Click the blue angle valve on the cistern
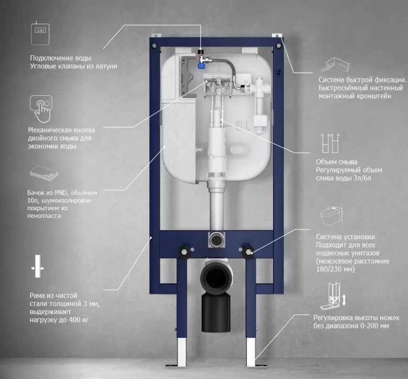[202, 65]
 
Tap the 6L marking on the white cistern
[242, 126]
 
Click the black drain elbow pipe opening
[215, 278]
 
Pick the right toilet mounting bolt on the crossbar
[248, 252]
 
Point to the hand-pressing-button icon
[41, 109]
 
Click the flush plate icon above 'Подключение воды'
[40, 33]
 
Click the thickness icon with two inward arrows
[38, 266]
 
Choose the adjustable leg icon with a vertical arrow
[334, 296]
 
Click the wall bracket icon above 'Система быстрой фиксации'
[335, 65]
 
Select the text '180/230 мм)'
[335, 269]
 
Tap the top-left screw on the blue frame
[155, 45]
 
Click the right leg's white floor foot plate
[255, 363]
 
